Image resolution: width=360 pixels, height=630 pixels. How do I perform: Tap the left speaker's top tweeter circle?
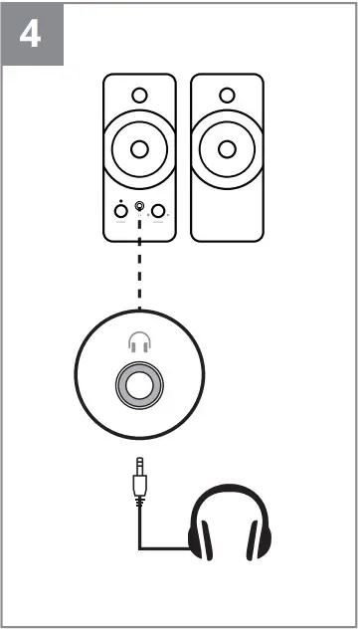tap(139, 97)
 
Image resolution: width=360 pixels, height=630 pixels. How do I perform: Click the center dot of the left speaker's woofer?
tap(139, 149)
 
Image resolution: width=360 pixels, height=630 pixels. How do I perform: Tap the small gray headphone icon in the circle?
tap(139, 343)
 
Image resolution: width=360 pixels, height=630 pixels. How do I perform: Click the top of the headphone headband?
tap(230, 490)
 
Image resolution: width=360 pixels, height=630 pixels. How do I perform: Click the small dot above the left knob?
tap(120, 201)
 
